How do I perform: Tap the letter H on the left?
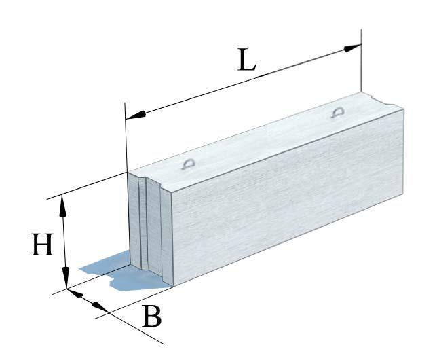(x=42, y=246)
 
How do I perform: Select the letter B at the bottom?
(x=153, y=317)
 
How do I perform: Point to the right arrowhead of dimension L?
(x=352, y=48)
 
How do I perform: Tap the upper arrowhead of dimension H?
(x=63, y=204)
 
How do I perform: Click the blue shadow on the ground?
(x=102, y=272)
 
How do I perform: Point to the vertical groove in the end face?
(x=144, y=224)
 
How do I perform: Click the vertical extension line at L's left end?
(x=127, y=136)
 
